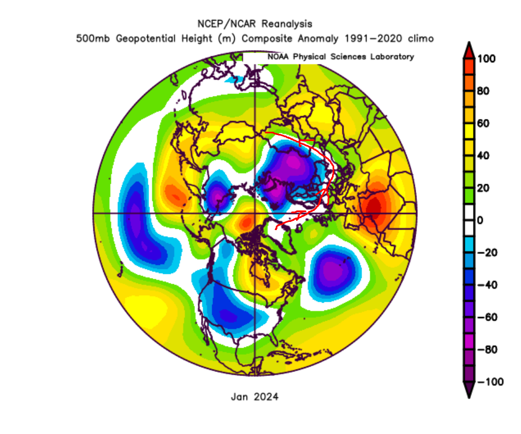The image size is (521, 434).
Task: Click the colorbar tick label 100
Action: pyautogui.click(x=488, y=59)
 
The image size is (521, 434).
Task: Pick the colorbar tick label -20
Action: pyautogui.click(x=487, y=253)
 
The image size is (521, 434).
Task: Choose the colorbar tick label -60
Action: pyautogui.click(x=487, y=317)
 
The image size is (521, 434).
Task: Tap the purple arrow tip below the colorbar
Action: pyautogui.click(x=469, y=391)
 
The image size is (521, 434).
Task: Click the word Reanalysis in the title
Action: pyautogui.click(x=287, y=24)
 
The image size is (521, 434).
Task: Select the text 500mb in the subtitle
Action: pyautogui.click(x=91, y=39)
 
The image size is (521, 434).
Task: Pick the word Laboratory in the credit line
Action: pyautogui.click(x=390, y=57)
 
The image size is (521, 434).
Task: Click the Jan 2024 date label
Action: pyautogui.click(x=254, y=397)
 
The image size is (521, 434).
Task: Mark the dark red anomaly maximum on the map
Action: pyautogui.click(x=374, y=208)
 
